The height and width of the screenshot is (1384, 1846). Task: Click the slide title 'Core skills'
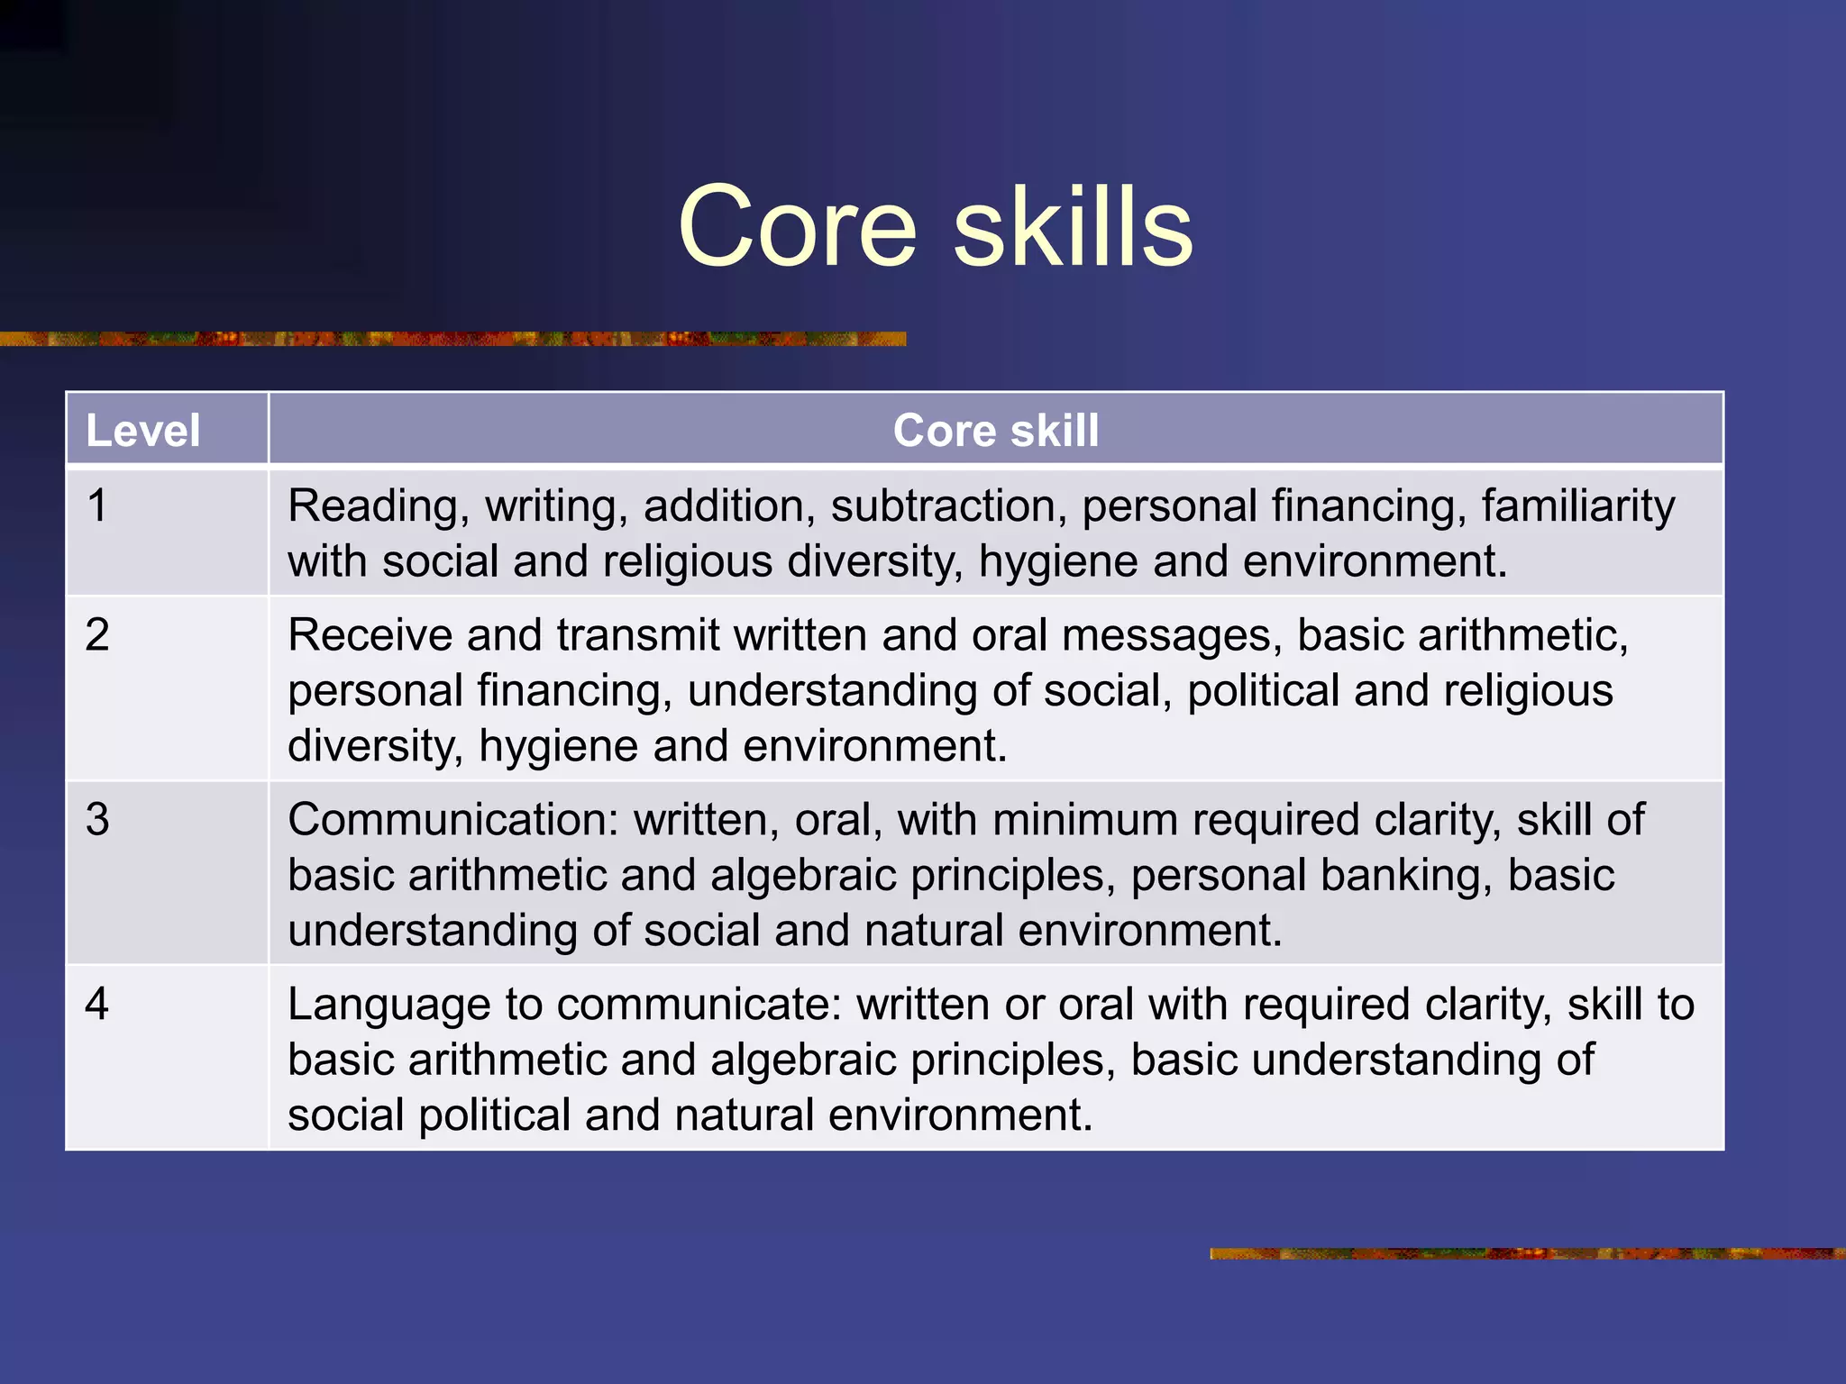coord(935,226)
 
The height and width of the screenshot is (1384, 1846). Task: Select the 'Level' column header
coord(142,430)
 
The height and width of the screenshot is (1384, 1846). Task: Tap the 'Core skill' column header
coord(995,430)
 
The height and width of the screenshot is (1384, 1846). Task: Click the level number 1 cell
coord(97,505)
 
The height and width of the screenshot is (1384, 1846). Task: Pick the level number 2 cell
coord(97,635)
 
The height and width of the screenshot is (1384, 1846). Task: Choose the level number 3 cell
coord(97,820)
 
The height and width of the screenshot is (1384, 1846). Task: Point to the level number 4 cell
coord(97,1004)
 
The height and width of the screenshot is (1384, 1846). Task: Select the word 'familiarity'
coord(1577,506)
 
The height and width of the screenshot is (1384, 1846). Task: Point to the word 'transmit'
coord(637,635)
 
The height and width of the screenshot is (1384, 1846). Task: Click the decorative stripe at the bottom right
coord(1527,1253)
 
